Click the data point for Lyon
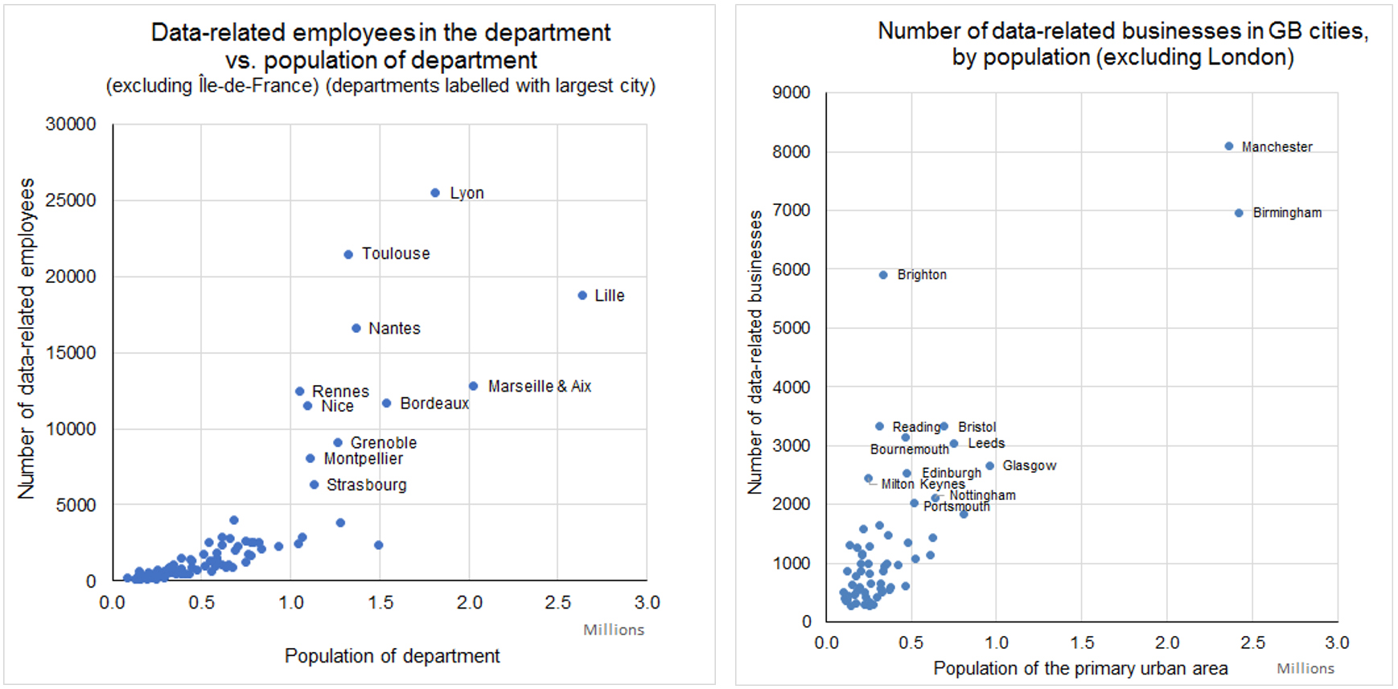click(435, 193)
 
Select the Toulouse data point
click(348, 255)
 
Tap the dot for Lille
click(582, 296)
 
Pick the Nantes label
click(394, 328)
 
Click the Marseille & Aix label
click(539, 387)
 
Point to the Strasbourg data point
click(315, 485)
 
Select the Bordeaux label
click(434, 404)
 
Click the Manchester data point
click(1229, 146)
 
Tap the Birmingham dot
click(1239, 213)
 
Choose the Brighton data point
click(883, 275)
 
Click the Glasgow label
click(1029, 465)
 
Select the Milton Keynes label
click(923, 484)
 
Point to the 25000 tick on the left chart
click(71, 200)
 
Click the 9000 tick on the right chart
click(791, 92)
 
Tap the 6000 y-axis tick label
click(791, 269)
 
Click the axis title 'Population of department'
click(392, 656)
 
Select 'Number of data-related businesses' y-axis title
click(755, 352)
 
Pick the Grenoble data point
click(338, 443)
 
